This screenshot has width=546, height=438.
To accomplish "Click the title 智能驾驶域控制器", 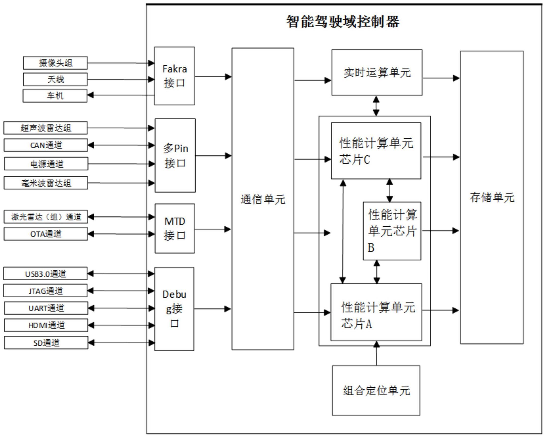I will click(x=343, y=22).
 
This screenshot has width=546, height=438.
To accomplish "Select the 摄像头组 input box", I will click(x=55, y=63).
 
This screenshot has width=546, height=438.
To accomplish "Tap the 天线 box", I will click(x=55, y=79).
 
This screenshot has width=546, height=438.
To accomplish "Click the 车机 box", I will click(x=55, y=96).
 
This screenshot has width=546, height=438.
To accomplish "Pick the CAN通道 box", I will click(x=46, y=145).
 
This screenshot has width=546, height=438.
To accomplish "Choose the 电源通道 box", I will click(x=46, y=164).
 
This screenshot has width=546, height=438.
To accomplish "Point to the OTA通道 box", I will click(x=46, y=234).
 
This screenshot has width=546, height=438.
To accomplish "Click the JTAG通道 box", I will click(x=46, y=291).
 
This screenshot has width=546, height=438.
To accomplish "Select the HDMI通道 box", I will click(x=46, y=325).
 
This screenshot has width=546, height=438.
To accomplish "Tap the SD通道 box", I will click(x=46, y=343).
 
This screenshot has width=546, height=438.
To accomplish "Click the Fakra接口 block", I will click(x=174, y=76).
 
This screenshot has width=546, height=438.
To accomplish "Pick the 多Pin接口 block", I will click(x=175, y=155).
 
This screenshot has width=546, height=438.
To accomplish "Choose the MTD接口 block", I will click(x=175, y=228).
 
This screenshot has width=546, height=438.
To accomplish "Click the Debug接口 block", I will click(x=174, y=309).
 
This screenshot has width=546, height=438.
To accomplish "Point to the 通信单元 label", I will click(x=263, y=199).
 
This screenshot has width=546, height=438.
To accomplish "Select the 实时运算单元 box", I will click(x=377, y=73).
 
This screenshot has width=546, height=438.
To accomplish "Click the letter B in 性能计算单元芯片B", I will click(x=371, y=248).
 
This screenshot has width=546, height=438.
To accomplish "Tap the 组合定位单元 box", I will click(x=376, y=390).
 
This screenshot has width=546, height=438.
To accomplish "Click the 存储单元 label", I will click(x=492, y=197).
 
